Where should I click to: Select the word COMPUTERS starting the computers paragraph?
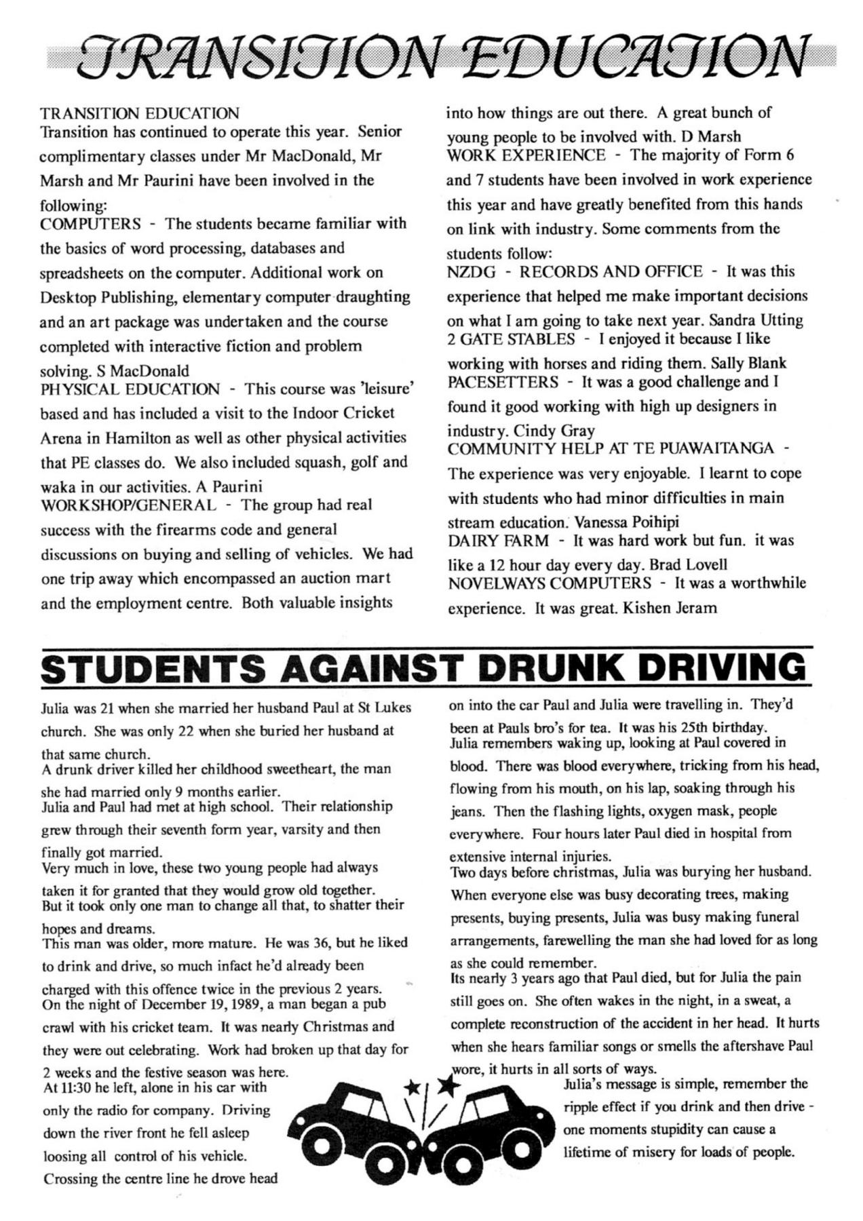pyautogui.click(x=91, y=224)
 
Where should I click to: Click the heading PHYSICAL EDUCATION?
pyautogui.click(x=130, y=389)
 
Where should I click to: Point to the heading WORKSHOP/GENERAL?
pyautogui.click(x=129, y=505)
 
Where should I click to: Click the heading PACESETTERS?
pyautogui.click(x=503, y=382)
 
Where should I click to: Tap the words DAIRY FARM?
pyautogui.click(x=498, y=541)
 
